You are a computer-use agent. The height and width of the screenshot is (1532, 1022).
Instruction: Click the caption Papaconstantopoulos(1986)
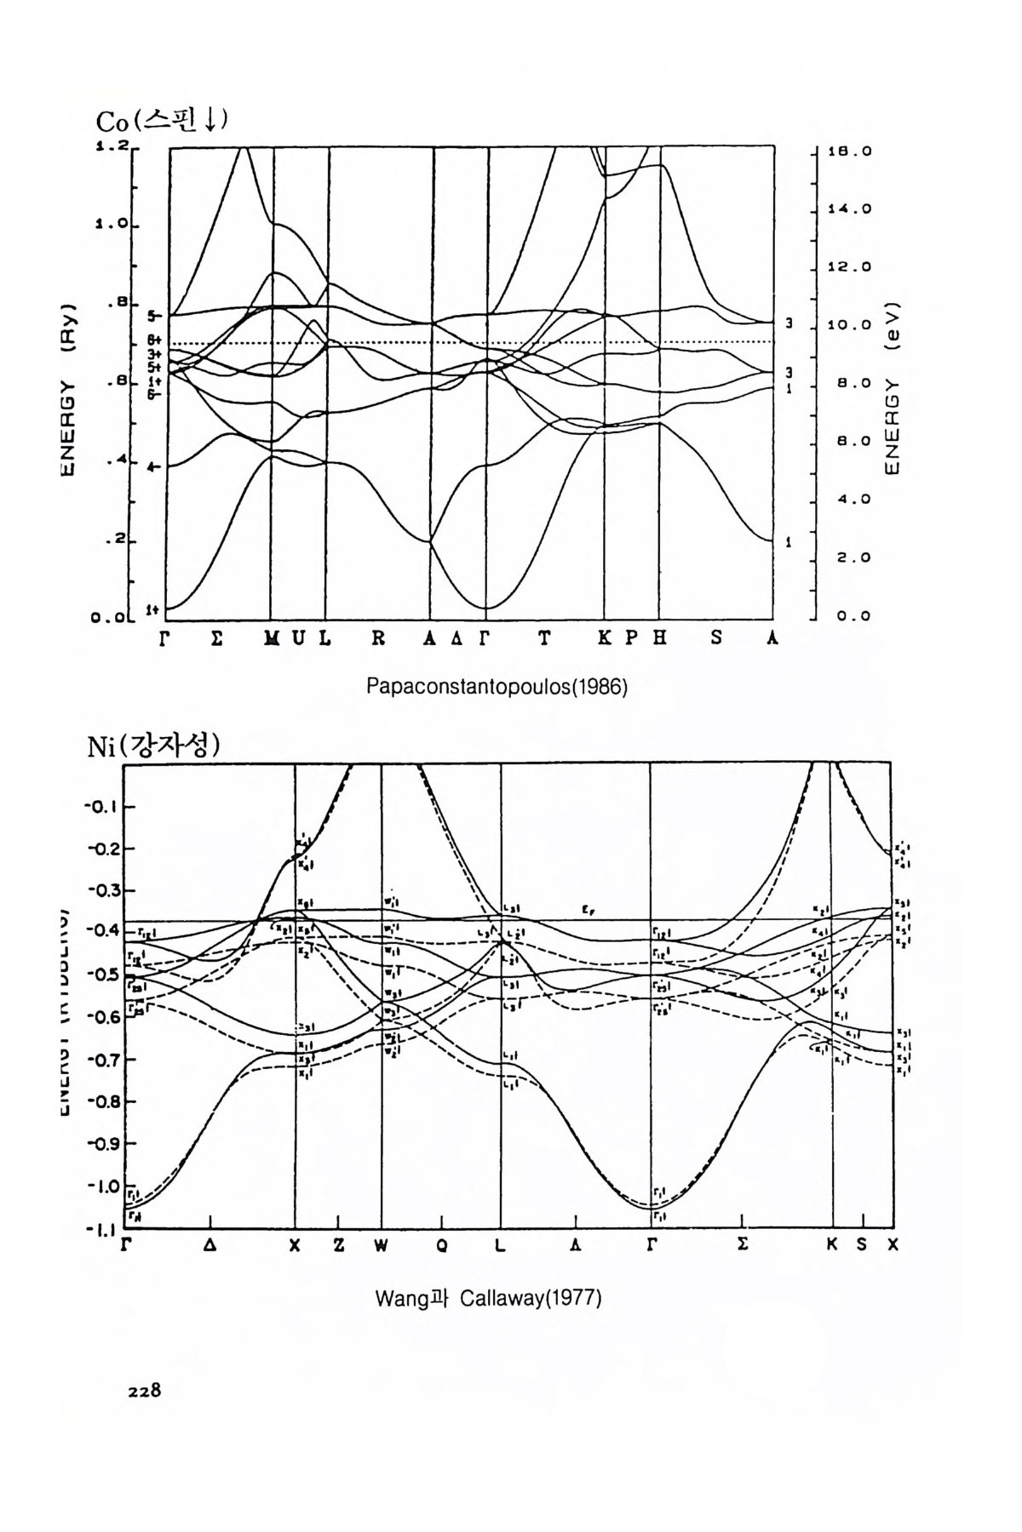click(x=497, y=686)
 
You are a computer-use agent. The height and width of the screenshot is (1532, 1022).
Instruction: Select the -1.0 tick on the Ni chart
click(x=104, y=1186)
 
